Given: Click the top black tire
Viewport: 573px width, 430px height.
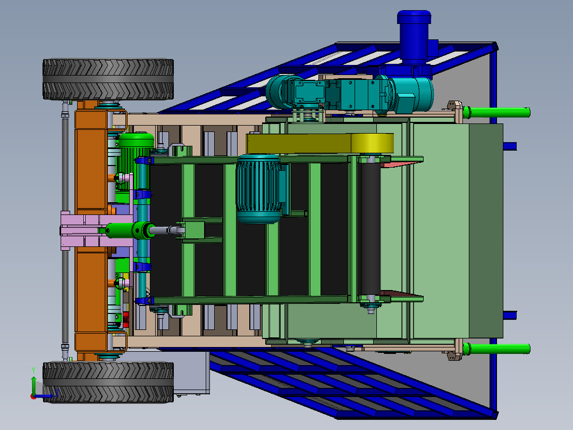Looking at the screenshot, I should pos(108,79).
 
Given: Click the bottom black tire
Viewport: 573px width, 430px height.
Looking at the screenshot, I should pos(108,382).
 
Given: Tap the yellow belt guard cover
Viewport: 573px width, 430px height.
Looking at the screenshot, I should pos(319,144).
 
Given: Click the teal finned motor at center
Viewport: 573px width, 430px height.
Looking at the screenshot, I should pos(258,188).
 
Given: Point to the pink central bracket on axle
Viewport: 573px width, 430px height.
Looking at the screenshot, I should pos(80,230).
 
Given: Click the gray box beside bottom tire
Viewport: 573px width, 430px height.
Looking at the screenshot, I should pos(191,373).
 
